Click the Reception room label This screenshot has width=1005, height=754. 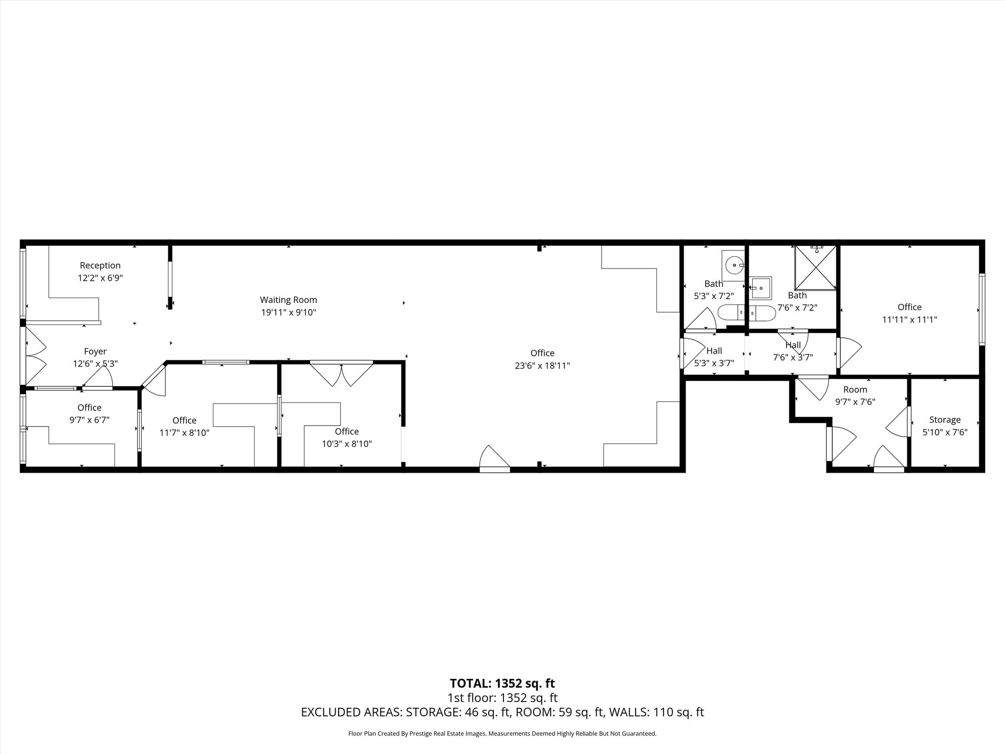pyautogui.click(x=100, y=266)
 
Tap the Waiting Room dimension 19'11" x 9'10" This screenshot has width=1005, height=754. pyautogui.click(x=288, y=312)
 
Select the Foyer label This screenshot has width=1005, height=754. pyautogui.click(x=95, y=351)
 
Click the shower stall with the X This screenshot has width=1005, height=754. pyautogui.click(x=815, y=268)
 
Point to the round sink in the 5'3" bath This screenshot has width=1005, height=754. pyautogui.click(x=734, y=266)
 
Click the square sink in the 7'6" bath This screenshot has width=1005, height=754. pyautogui.click(x=761, y=288)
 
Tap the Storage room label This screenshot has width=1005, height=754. pyautogui.click(x=945, y=420)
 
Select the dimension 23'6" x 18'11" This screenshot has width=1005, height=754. pyautogui.click(x=542, y=366)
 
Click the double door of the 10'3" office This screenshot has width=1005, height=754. pyautogui.click(x=342, y=374)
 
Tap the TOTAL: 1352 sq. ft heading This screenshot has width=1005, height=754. pyautogui.click(x=502, y=683)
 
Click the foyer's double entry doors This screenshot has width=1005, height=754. pyautogui.click(x=34, y=356)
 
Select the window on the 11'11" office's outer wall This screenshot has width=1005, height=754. pyautogui.click(x=982, y=309)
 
